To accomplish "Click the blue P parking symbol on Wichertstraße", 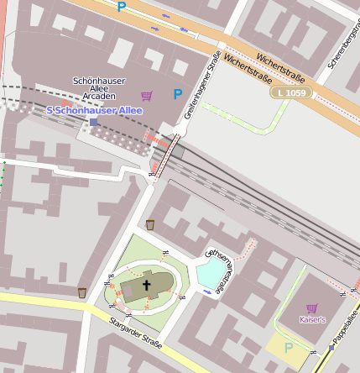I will click(122, 7).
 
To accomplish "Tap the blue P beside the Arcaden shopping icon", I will click(177, 95).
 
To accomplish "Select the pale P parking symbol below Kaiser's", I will click(290, 347).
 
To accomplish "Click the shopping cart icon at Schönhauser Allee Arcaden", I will click(147, 96).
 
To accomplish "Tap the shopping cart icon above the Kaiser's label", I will click(311, 308).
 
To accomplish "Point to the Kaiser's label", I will click(311, 320).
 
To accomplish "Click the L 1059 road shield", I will click(290, 92).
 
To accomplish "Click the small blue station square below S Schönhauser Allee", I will click(93, 122).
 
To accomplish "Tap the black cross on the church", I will click(146, 285).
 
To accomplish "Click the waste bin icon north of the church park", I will click(150, 224).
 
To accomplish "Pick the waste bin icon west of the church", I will click(82, 292).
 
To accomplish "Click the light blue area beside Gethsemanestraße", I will click(210, 271).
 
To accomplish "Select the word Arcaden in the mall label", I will click(93, 97).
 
